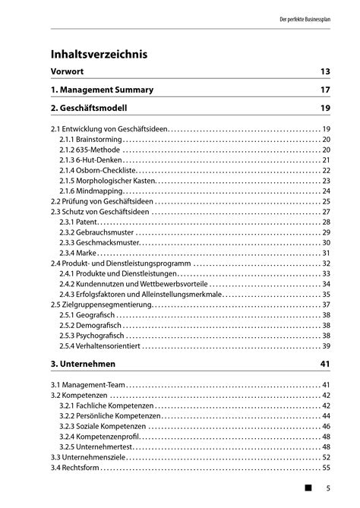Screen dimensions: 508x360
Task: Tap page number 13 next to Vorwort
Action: coord(324,71)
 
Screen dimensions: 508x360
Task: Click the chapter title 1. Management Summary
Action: coord(102,90)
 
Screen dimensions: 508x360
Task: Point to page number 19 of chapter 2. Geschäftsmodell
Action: coord(324,108)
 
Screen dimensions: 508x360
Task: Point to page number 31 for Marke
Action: coord(326,253)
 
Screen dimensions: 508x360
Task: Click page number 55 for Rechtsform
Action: coord(326,468)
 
